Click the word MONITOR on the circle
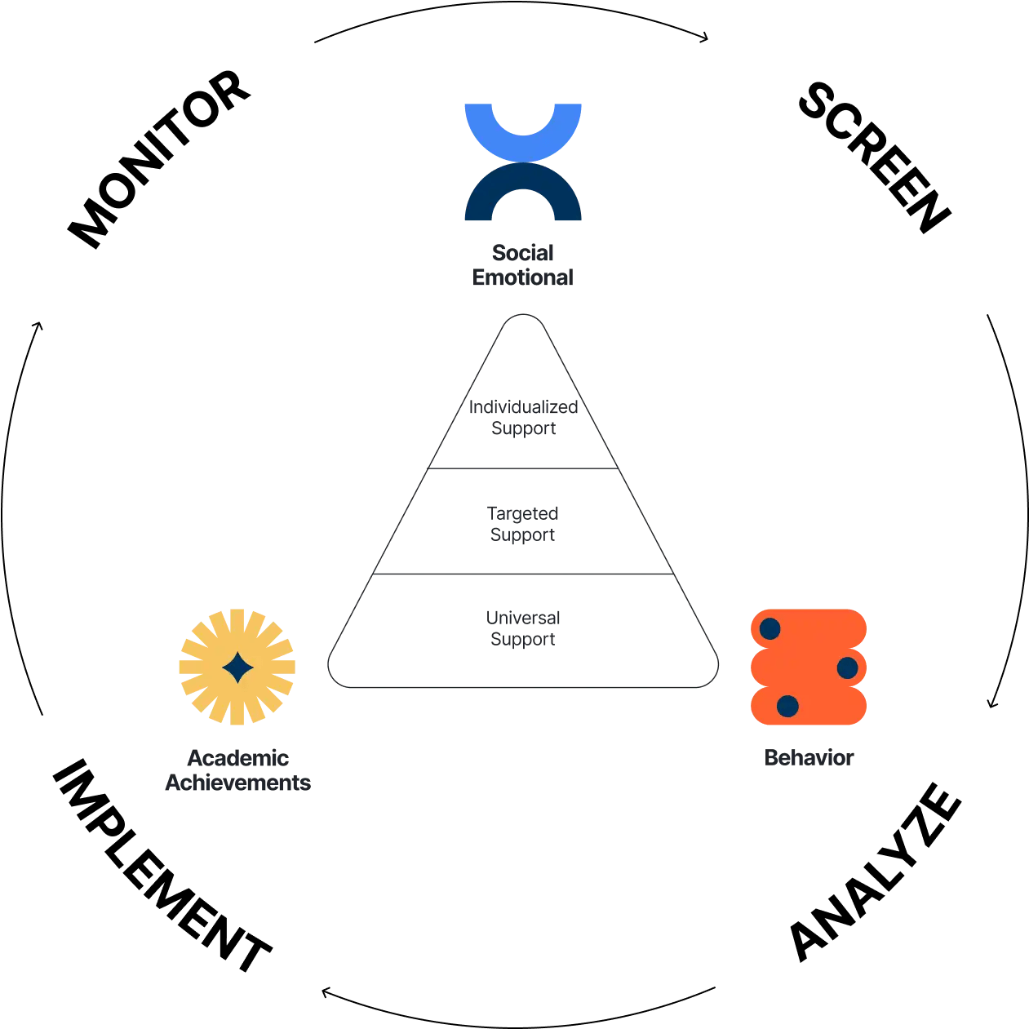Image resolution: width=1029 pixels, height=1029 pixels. (159, 159)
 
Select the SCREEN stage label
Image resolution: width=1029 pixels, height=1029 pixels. (874, 157)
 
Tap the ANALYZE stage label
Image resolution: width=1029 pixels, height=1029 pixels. (876, 872)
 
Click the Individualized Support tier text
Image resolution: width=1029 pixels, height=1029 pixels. (523, 418)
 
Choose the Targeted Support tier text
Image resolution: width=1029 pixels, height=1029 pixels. (523, 524)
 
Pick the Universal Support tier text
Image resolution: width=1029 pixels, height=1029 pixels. (523, 628)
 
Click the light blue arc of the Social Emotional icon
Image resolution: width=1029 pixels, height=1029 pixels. (523, 143)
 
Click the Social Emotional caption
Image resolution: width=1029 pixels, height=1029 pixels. (523, 265)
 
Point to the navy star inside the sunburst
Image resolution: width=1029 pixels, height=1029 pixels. (237, 667)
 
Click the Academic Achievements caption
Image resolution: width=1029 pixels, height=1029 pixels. (237, 770)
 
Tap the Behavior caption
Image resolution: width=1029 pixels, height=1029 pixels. (809, 757)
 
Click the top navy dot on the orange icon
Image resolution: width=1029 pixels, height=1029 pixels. (770, 628)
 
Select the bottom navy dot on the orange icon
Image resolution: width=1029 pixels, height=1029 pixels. (787, 706)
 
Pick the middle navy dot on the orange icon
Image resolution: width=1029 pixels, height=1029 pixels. (847, 668)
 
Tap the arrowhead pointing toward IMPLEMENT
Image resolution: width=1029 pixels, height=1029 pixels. (326, 992)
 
